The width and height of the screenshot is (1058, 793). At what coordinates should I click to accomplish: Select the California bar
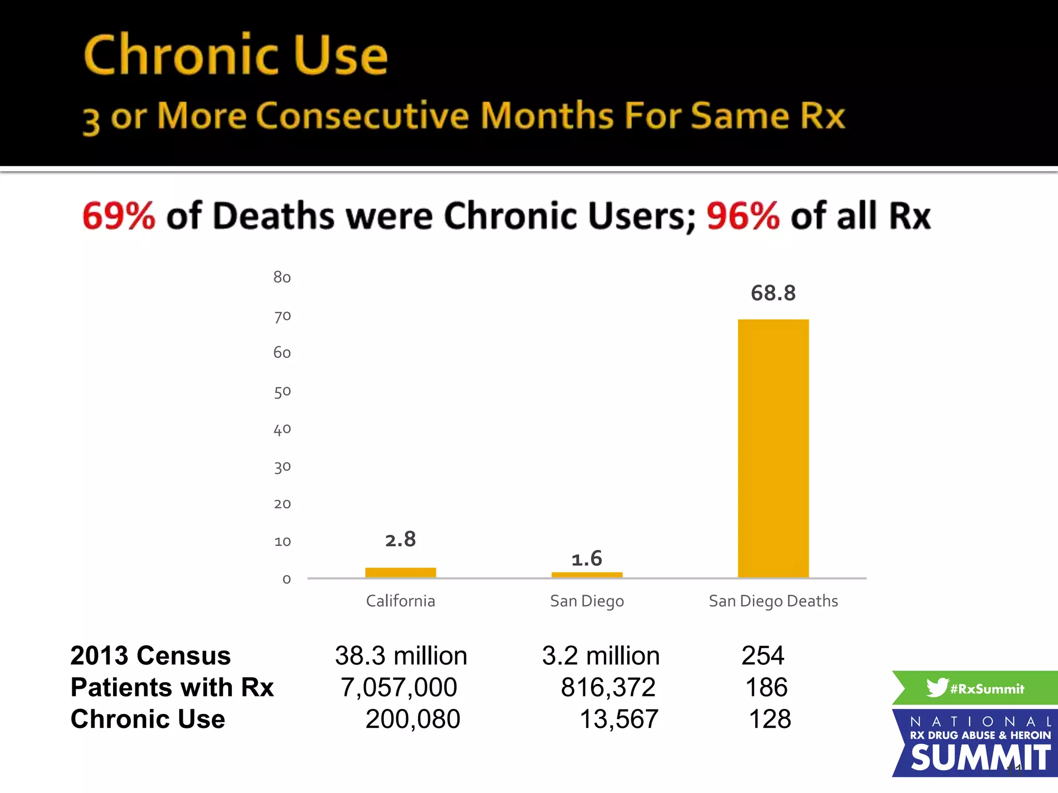[x=400, y=573]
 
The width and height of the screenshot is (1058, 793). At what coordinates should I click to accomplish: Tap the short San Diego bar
[x=587, y=575]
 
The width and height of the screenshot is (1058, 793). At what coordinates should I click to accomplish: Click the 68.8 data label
[x=773, y=293]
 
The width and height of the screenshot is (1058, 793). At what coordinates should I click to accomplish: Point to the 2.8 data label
[x=400, y=540]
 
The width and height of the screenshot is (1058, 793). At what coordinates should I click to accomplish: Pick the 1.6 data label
[x=587, y=559]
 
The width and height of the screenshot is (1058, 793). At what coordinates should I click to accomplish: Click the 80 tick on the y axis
[x=282, y=277]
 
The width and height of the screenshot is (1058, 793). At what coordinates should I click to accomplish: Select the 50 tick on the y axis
[x=282, y=391]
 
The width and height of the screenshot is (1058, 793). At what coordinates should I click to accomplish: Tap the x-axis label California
[x=400, y=601]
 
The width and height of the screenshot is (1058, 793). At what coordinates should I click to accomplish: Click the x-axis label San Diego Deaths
[x=773, y=601]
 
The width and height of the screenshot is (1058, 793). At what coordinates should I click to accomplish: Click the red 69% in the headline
[x=119, y=216]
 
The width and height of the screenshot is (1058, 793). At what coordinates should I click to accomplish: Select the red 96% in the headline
[x=743, y=216]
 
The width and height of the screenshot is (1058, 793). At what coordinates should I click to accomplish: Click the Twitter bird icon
[x=937, y=687]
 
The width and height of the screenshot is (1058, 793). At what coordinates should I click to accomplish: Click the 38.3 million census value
[x=401, y=656]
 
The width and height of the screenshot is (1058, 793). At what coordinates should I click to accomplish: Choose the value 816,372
[x=608, y=687]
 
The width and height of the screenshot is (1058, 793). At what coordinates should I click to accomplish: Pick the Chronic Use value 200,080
[x=412, y=719]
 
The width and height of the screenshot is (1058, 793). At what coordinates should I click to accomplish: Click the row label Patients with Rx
[x=172, y=687]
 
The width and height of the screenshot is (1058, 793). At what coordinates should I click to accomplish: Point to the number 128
[x=770, y=719]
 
